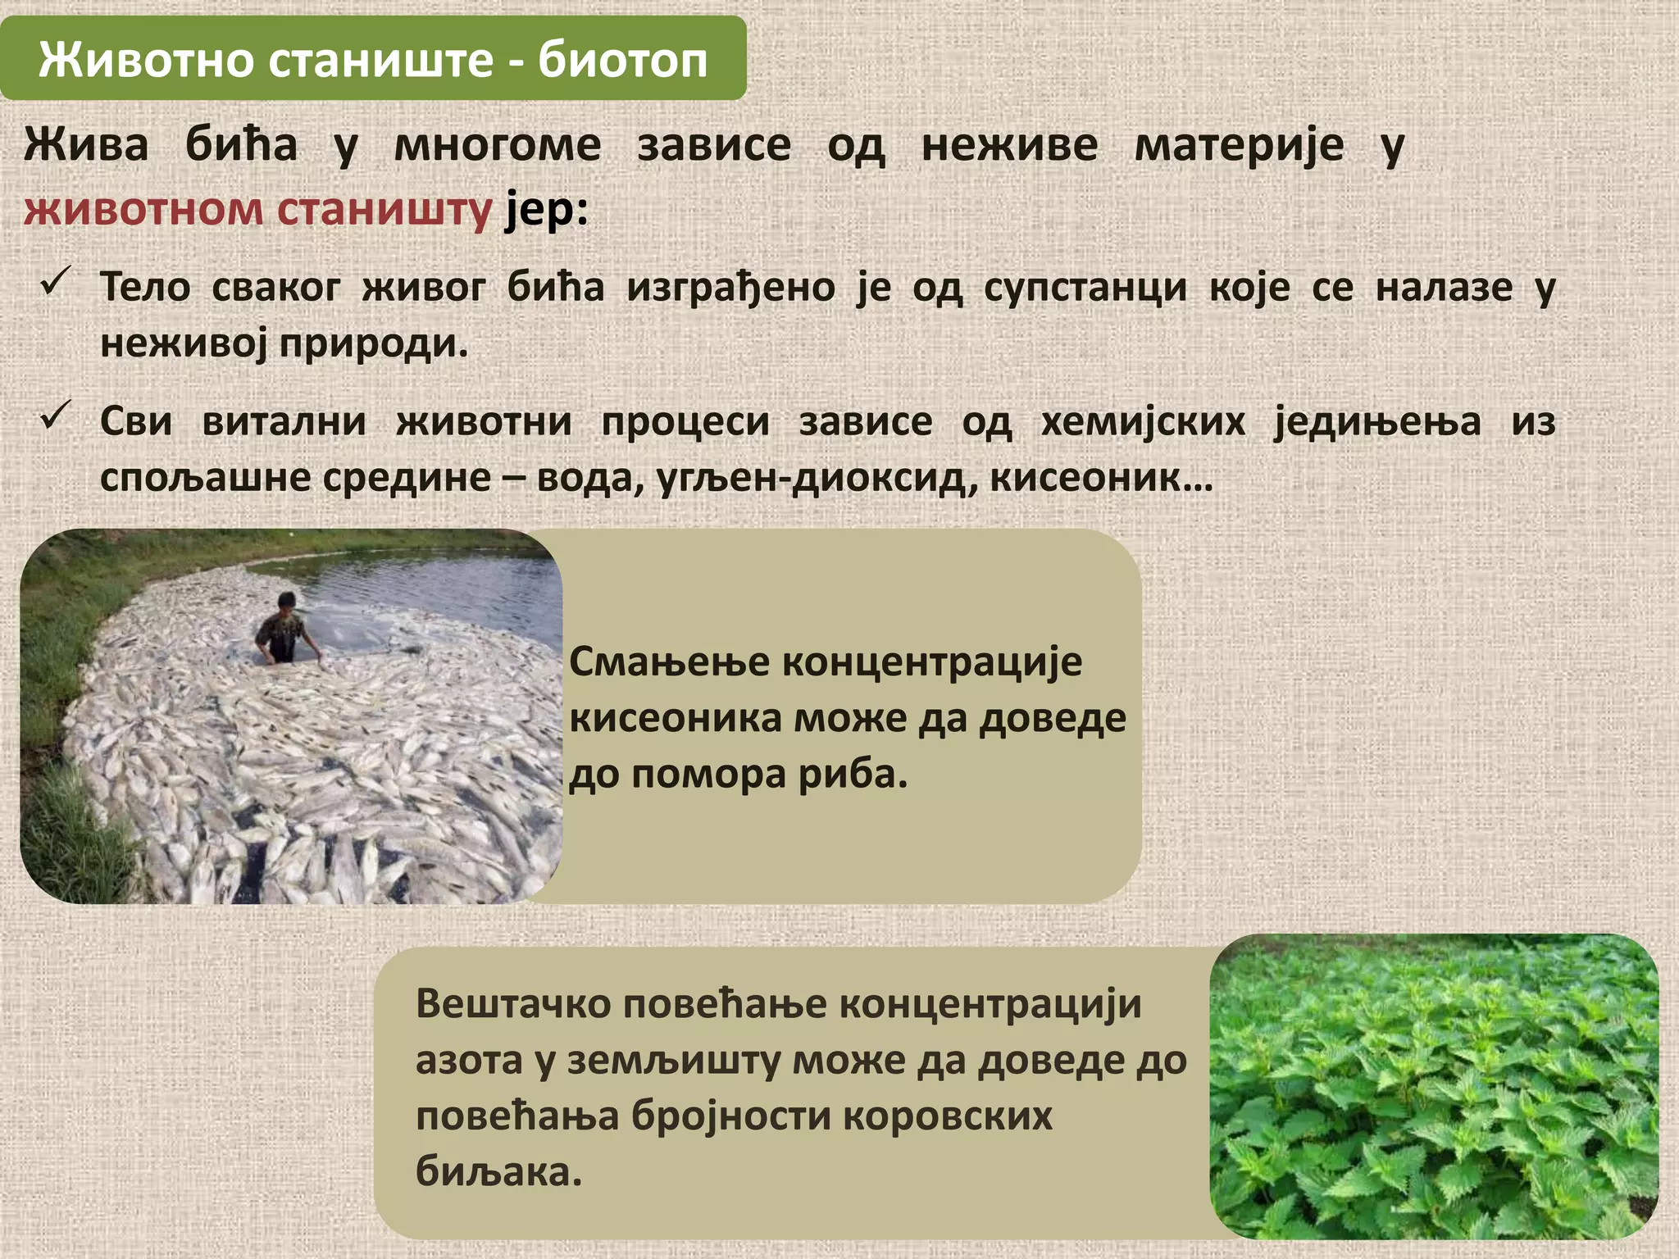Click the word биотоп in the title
point(622,60)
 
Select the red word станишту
point(384,209)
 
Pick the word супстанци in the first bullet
point(1085,288)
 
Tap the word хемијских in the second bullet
point(1143,422)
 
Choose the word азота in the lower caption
point(469,1061)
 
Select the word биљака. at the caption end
point(498,1172)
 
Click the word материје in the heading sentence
point(1239,146)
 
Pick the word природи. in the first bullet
point(373,343)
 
